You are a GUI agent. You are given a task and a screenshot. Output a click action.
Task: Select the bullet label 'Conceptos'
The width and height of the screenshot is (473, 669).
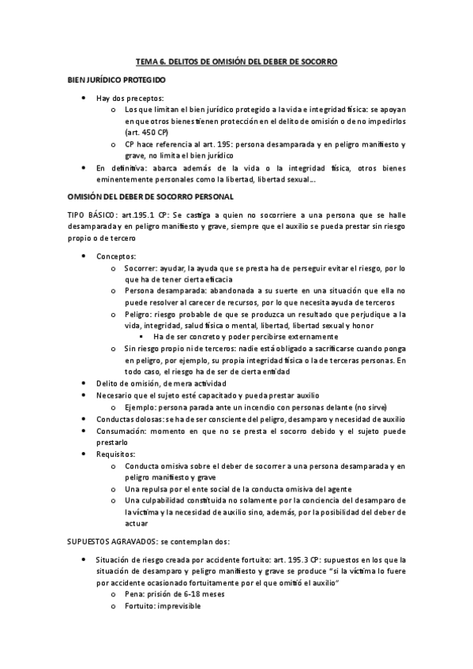[115, 257]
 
